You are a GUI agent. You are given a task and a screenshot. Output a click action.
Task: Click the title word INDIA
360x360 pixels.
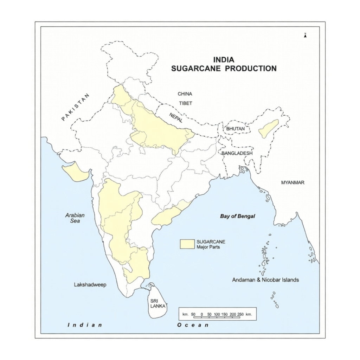pos(224,60)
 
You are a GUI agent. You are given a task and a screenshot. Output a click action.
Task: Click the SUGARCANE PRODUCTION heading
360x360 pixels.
pos(224,68)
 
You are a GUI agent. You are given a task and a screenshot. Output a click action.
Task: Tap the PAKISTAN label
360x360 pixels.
pos(76,107)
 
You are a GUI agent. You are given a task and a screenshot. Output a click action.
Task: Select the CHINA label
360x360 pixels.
pos(185,94)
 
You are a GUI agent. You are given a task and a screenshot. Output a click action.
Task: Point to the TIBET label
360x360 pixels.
pos(186,103)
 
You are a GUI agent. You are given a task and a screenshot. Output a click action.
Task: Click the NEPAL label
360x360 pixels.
pos(176,117)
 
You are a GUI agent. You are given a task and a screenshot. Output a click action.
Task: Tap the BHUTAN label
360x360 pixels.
pos(235,129)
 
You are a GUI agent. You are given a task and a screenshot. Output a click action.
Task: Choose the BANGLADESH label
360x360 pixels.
pos(237,153)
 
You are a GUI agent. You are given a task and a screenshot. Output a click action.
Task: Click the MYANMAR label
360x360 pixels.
pos(293,182)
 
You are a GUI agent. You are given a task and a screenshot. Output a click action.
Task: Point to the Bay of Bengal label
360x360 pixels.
pos(238,216)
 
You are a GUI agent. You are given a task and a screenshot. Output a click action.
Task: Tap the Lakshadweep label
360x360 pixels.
pos(90,284)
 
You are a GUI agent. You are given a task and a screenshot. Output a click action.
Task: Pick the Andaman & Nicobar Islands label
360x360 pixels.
pos(265,280)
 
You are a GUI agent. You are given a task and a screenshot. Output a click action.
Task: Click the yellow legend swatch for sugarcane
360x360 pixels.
pos(187,244)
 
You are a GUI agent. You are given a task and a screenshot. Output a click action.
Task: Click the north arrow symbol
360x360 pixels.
pos(306,35)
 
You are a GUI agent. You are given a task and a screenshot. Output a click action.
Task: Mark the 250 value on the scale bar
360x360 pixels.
pos(240,314)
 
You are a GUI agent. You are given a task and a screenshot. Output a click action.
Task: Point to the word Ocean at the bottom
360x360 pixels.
pos(193,325)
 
